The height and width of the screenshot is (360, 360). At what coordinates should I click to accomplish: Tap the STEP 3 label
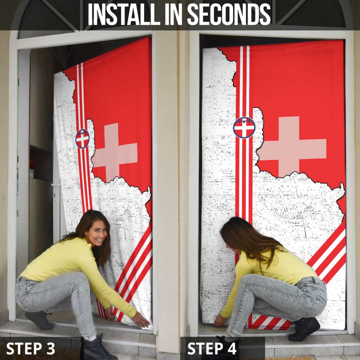pos(31,348)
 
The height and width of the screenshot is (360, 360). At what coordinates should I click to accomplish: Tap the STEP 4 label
pos(212,348)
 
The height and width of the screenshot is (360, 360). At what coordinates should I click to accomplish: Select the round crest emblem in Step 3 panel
pos(82,139)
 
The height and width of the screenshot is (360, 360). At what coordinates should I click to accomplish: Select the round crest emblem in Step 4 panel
pos(244,127)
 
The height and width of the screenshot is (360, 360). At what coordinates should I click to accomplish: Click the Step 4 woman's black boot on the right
pos(304,329)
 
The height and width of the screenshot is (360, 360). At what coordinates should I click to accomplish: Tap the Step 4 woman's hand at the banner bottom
pos(220,320)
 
